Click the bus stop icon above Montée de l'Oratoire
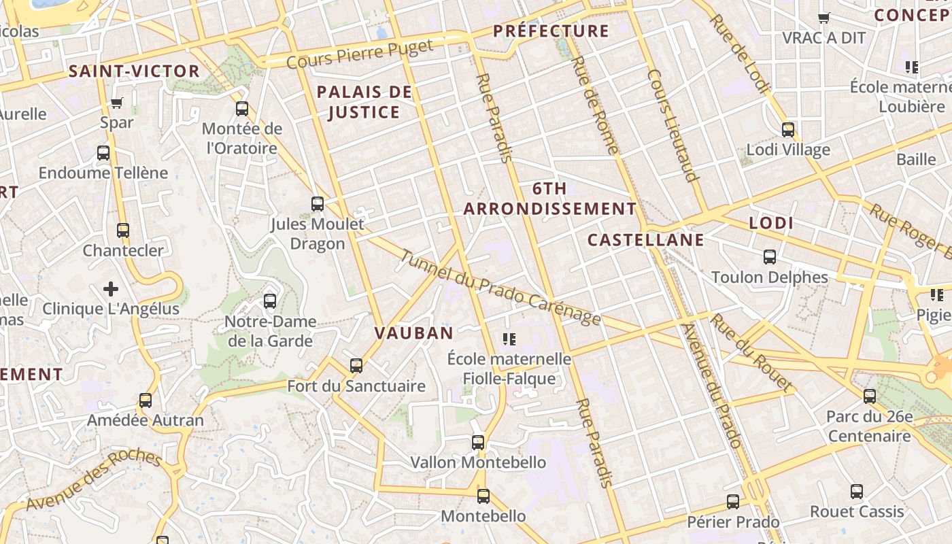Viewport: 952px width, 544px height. [x=242, y=109]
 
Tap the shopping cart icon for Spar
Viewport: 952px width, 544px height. [x=116, y=103]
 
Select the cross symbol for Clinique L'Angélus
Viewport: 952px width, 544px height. [x=111, y=290]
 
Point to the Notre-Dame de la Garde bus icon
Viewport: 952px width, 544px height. [x=270, y=301]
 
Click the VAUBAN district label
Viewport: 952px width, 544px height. [x=413, y=333]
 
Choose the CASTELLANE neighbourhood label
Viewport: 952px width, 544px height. [x=645, y=240]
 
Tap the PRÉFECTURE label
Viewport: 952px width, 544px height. [x=551, y=31]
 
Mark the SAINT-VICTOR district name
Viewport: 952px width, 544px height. [x=134, y=71]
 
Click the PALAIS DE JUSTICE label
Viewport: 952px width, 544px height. [x=364, y=102]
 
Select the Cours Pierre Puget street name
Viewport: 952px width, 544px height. [x=360, y=54]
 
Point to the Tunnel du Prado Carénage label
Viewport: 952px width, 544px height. [x=500, y=288]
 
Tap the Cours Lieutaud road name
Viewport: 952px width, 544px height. [x=673, y=126]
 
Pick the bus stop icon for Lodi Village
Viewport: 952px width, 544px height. [x=788, y=129]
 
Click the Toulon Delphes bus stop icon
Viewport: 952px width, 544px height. [x=770, y=257]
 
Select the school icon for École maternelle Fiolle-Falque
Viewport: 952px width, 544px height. [x=509, y=339]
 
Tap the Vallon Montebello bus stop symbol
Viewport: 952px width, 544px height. [x=478, y=443]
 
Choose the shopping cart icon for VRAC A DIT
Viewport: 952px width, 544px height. [x=823, y=18]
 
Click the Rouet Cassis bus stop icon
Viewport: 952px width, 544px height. [x=857, y=492]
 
